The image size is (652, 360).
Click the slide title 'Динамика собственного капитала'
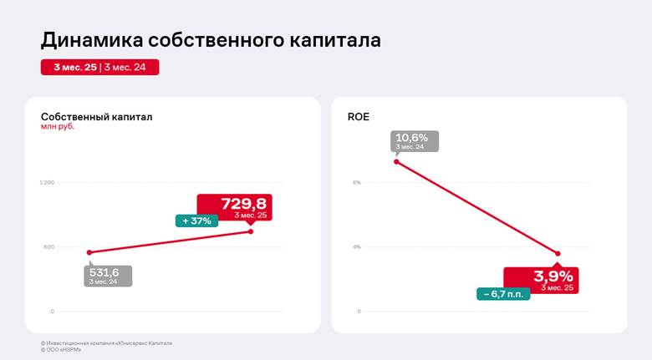211,40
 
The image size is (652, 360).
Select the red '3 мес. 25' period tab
74,68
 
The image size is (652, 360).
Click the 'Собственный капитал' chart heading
97,117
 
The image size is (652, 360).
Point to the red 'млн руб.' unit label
58,127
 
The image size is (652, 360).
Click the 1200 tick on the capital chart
47,182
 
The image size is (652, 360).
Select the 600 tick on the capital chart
48,246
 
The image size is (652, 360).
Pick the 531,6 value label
104,272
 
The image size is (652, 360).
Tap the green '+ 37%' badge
197,221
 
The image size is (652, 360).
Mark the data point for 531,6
89,252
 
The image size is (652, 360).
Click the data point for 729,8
251,231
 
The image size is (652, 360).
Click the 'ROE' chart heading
359,117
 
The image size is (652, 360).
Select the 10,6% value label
412,138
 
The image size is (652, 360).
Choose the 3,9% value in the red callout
553,276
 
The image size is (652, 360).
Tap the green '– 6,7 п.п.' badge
504,294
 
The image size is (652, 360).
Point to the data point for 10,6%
396,161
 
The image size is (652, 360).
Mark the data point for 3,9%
558,253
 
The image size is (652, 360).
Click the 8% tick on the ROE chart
356,182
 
